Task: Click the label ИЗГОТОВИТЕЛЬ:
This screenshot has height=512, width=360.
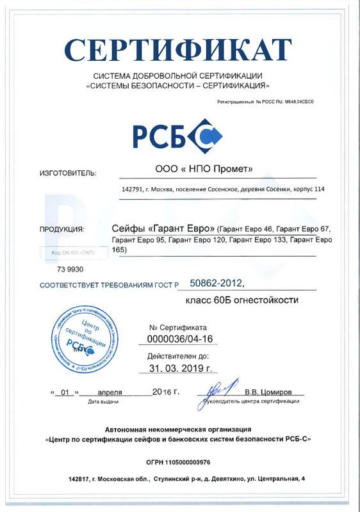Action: click(x=68, y=173)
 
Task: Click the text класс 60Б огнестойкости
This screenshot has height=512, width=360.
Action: click(x=242, y=299)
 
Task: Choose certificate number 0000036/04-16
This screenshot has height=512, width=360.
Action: click(x=177, y=339)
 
